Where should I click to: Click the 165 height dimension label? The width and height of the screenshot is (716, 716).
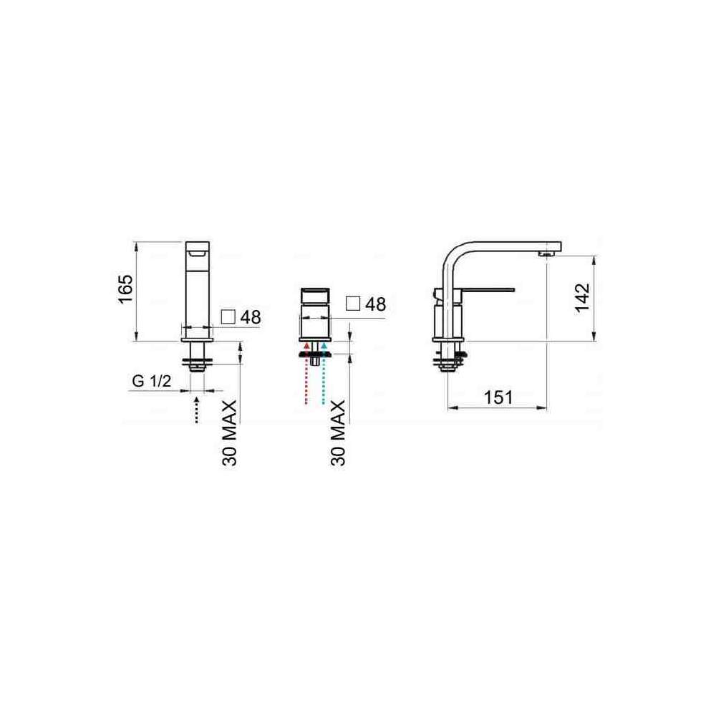(x=125, y=288)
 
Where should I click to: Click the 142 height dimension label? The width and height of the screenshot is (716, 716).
(x=582, y=298)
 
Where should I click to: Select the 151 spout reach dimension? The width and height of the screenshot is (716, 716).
(x=498, y=397)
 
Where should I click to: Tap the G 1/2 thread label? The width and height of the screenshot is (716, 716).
(x=152, y=380)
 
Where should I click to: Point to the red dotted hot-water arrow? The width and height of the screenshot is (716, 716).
(x=306, y=373)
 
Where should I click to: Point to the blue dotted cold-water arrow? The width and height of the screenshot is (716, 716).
(x=324, y=373)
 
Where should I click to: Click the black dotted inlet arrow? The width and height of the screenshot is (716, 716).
(x=197, y=410)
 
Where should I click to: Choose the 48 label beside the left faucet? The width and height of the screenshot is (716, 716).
(x=251, y=317)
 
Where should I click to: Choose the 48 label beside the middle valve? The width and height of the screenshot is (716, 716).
(x=375, y=304)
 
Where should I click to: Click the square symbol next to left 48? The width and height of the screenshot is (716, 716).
(x=228, y=317)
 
